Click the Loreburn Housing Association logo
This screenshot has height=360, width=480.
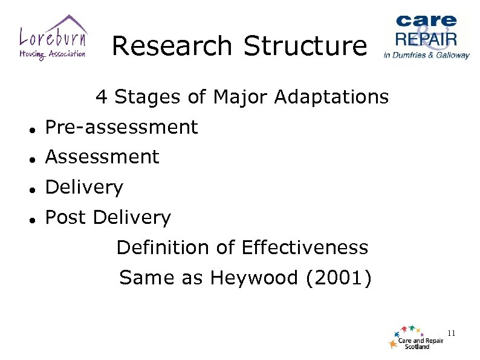pyautogui.click(x=53, y=38)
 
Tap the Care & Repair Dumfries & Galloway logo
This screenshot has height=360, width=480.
pyautogui.click(x=426, y=36)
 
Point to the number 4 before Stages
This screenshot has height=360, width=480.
pyautogui.click(x=102, y=97)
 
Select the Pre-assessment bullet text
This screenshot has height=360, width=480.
pyautogui.click(x=122, y=127)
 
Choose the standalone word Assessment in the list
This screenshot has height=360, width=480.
pyautogui.click(x=102, y=157)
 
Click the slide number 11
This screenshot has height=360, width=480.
pyautogui.click(x=451, y=333)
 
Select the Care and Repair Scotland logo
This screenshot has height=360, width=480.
pyautogui.click(x=417, y=338)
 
